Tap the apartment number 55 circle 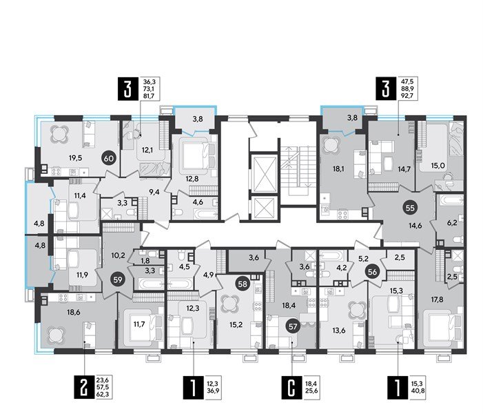(390, 207)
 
